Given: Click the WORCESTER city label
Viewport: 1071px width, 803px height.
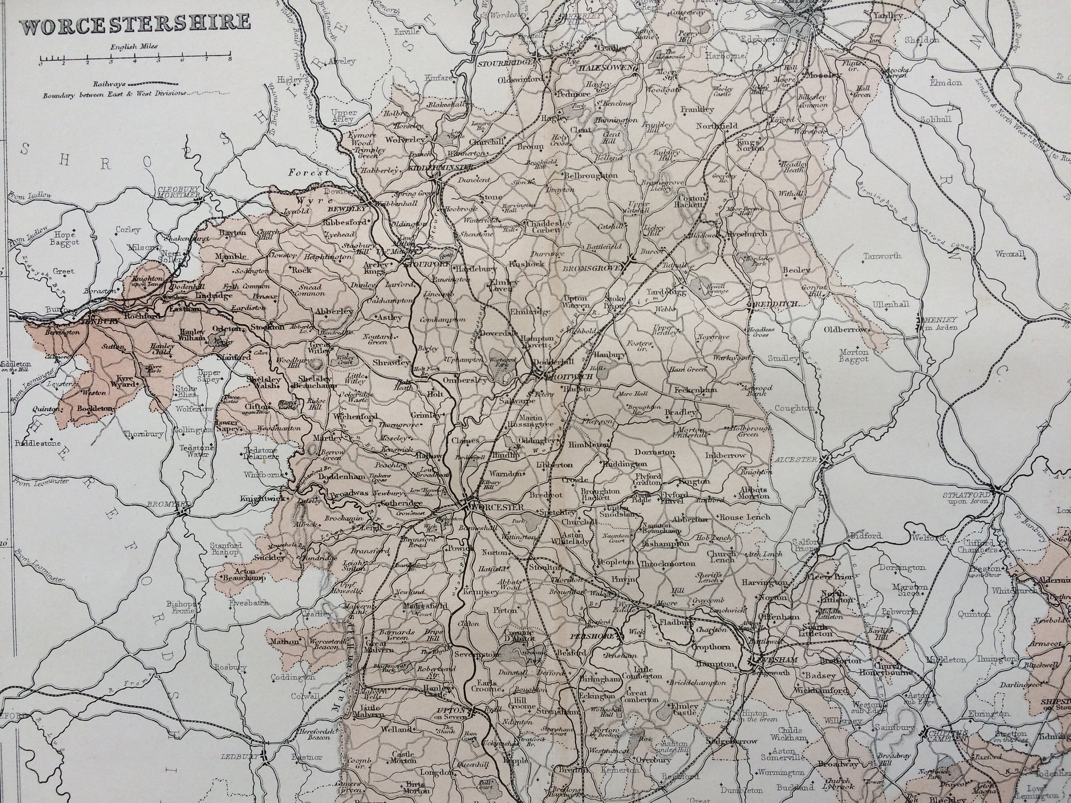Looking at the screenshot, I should [497, 507].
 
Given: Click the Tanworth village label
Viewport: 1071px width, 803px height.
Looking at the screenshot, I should [884, 256].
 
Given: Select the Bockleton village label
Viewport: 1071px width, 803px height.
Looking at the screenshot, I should [95, 408].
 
